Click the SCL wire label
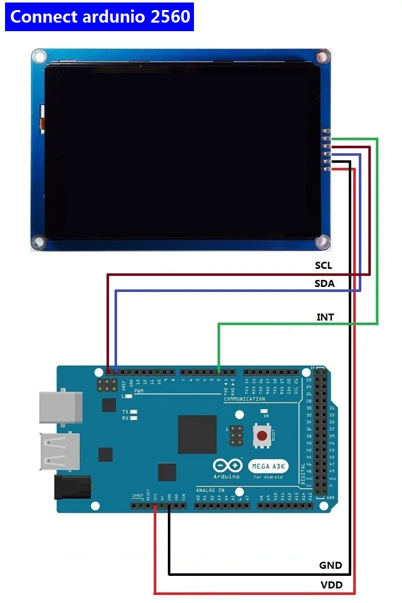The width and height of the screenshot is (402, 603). pyautogui.click(x=324, y=265)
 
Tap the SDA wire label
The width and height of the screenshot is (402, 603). pyautogui.click(x=325, y=283)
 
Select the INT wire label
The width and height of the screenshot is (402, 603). pyautogui.click(x=325, y=317)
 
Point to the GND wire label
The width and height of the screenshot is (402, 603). pyautogui.click(x=331, y=565)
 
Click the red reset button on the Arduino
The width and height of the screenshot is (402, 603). pyautogui.click(x=261, y=435)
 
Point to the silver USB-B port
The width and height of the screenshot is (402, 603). pyautogui.click(x=61, y=407)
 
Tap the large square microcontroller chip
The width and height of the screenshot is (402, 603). pyautogui.click(x=197, y=435)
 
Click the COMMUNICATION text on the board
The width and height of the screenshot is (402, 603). pyautogui.click(x=244, y=399)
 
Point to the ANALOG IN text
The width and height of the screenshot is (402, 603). pyautogui.click(x=210, y=490)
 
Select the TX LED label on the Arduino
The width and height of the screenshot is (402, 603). pyautogui.click(x=125, y=412)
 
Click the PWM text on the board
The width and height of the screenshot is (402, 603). pyautogui.click(x=139, y=390)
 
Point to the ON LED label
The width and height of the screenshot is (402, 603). pyautogui.click(x=266, y=416)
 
